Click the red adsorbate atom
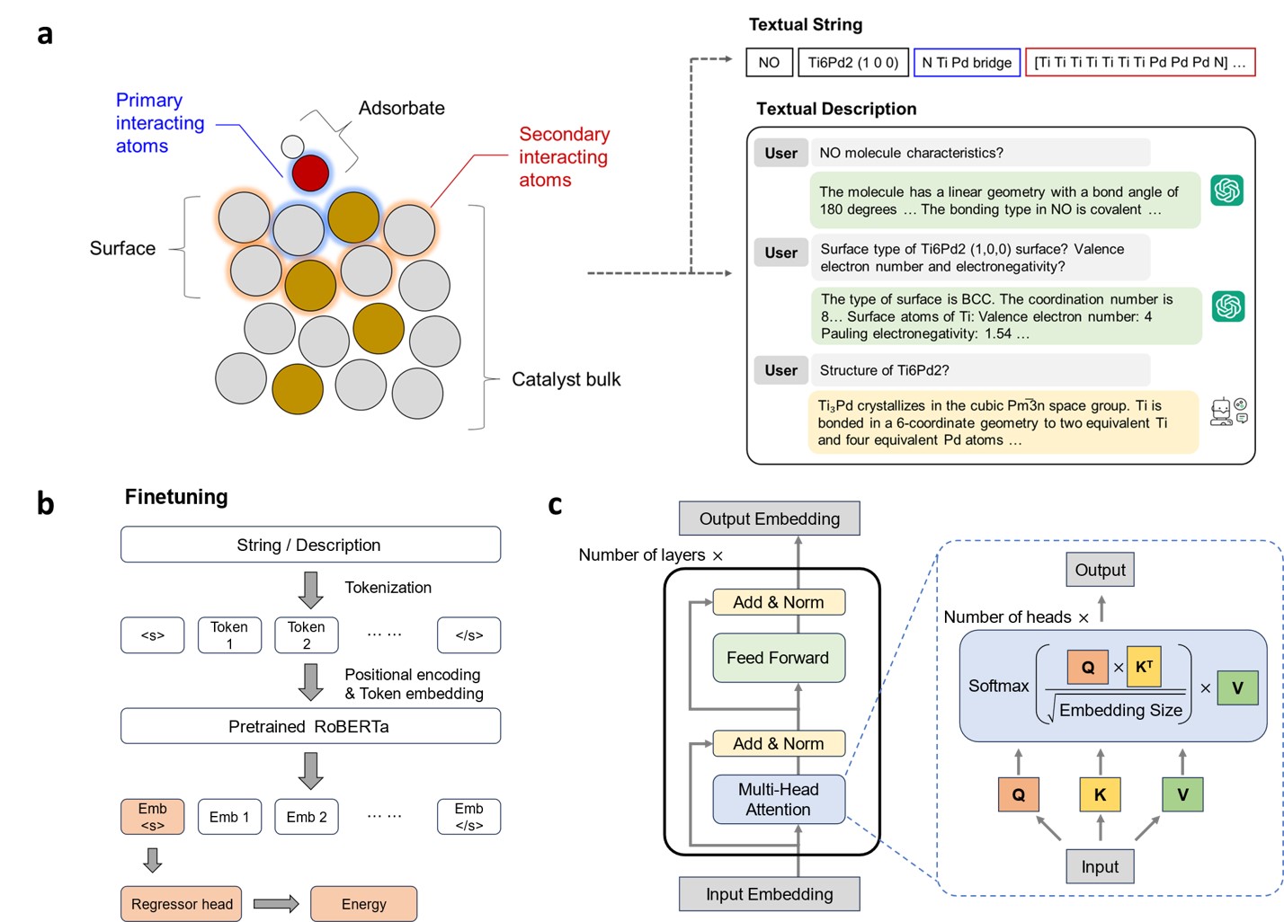310,173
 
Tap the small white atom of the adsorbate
292,146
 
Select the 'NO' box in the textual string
769,63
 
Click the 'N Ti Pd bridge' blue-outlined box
967,63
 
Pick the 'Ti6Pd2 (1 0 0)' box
852,63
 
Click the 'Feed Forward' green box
778,658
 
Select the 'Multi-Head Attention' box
778,799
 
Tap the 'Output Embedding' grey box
769,519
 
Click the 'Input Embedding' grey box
769,894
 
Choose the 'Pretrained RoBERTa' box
309,726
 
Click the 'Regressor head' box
182,904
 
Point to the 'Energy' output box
363,904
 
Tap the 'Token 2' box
306,635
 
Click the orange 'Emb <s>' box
152,817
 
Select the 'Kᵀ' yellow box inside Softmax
1143,667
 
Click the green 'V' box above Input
1182,794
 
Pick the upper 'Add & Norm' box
778,602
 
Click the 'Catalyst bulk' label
566,379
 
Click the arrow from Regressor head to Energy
275,904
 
